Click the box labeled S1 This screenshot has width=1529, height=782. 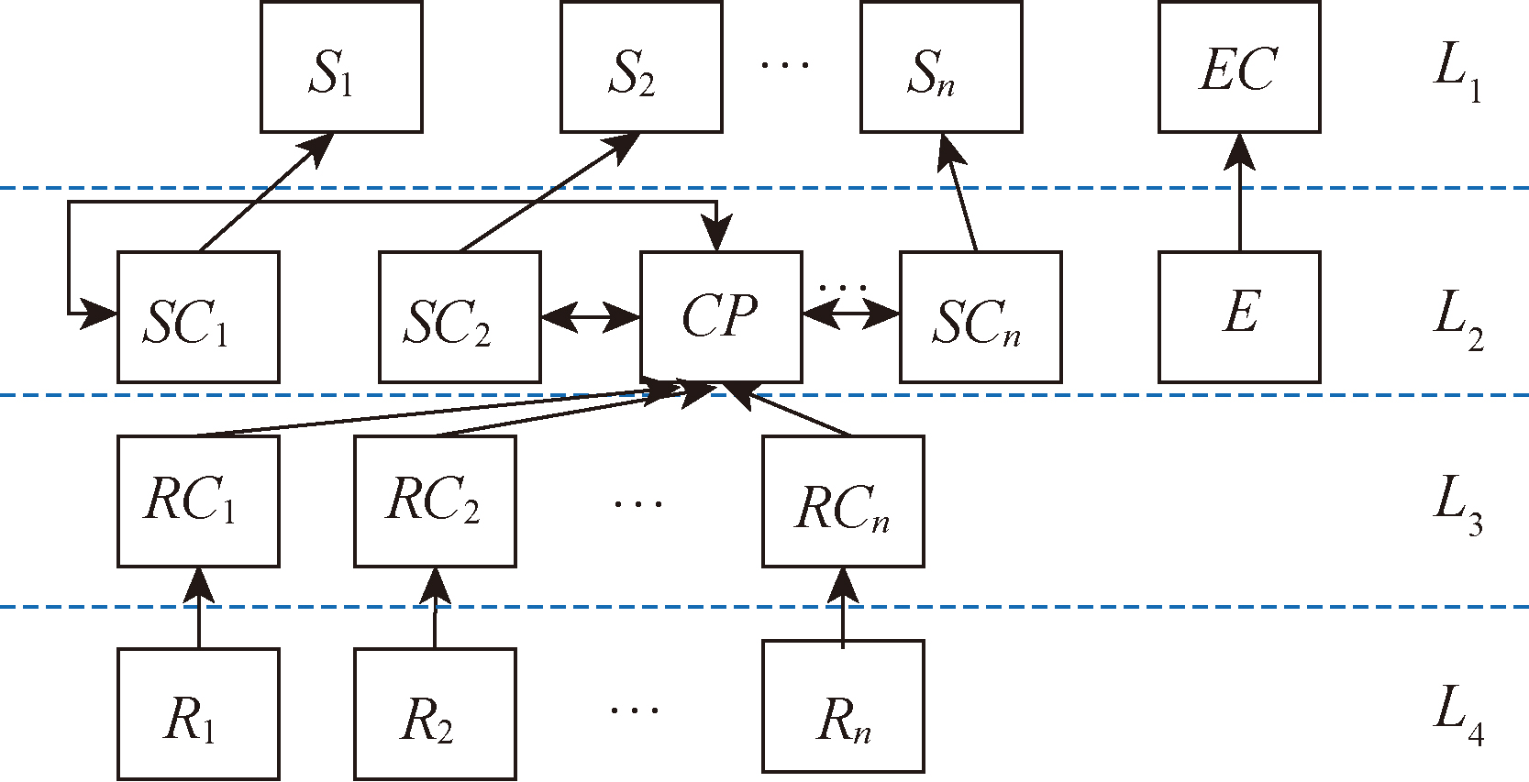(341, 68)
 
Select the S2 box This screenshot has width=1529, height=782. (641, 68)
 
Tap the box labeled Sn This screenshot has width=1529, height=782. (941, 68)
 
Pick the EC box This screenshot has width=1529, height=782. (1239, 68)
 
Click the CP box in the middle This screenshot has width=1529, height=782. (721, 317)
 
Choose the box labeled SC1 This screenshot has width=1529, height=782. (198, 317)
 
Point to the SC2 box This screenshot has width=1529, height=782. (460, 317)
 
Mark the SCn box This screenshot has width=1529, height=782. (981, 317)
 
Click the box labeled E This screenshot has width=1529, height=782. (1239, 317)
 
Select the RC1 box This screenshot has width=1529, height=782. (198, 501)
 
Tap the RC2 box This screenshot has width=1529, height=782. (435, 501)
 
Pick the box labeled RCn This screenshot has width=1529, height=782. (843, 501)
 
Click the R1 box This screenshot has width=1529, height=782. (198, 714)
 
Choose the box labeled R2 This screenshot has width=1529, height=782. (435, 714)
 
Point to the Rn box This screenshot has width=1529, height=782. (843, 707)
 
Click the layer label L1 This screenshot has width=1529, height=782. (1457, 72)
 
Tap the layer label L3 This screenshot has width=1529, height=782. (1457, 504)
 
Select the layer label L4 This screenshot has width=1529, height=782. (1457, 715)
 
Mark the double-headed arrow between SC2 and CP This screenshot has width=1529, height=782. (590, 318)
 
